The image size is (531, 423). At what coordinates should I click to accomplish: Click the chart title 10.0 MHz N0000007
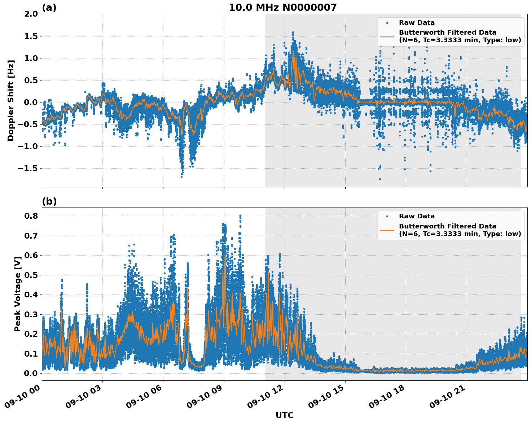click(x=282, y=8)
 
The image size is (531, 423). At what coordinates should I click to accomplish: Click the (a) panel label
click(x=49, y=8)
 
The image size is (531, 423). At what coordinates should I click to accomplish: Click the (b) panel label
click(x=49, y=201)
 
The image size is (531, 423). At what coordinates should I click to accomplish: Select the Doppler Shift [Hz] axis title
click(x=11, y=100)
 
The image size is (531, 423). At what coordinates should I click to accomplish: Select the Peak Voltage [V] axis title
click(x=17, y=294)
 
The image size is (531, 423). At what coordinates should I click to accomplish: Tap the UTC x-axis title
click(x=284, y=415)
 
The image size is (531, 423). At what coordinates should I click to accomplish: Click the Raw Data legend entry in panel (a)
click(x=417, y=23)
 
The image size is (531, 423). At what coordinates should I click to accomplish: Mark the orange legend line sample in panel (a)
click(x=387, y=36)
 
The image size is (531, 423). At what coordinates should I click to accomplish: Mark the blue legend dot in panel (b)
click(x=387, y=216)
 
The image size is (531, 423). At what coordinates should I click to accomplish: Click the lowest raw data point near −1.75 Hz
click(x=380, y=179)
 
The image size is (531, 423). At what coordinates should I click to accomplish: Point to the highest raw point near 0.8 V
click(x=240, y=216)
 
